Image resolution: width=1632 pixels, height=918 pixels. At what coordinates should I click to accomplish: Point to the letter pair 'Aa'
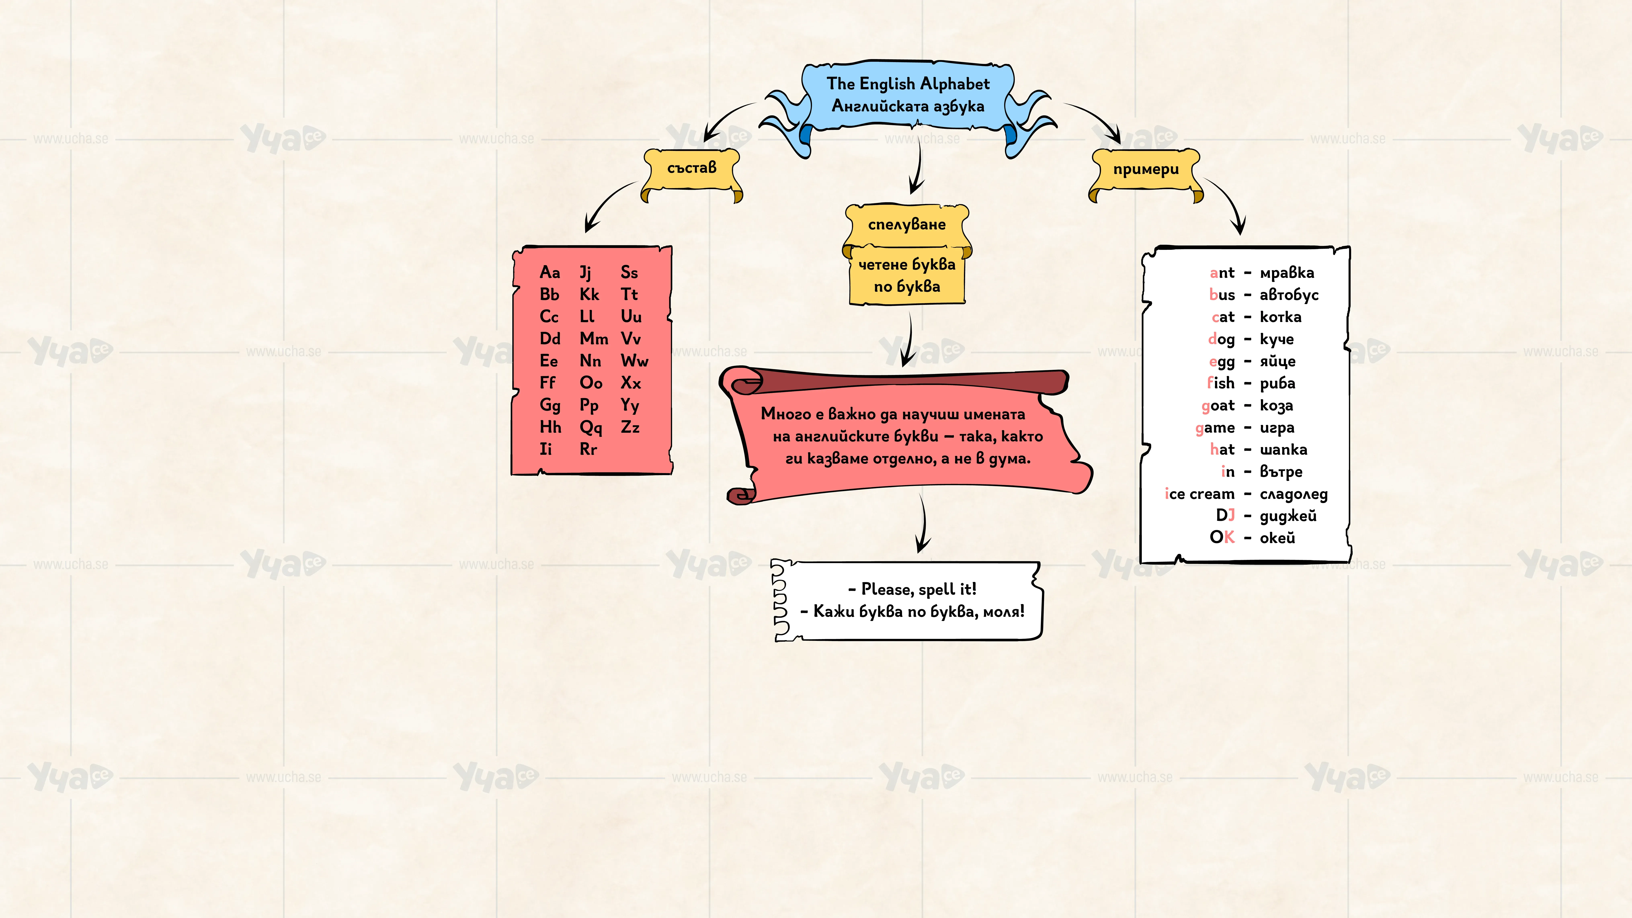point(550,273)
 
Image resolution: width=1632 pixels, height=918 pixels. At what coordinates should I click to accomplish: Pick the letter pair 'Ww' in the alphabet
point(634,361)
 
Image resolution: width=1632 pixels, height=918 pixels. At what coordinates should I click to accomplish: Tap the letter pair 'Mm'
point(594,339)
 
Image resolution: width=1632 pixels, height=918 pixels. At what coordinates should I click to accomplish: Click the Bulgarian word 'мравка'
point(1287,273)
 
